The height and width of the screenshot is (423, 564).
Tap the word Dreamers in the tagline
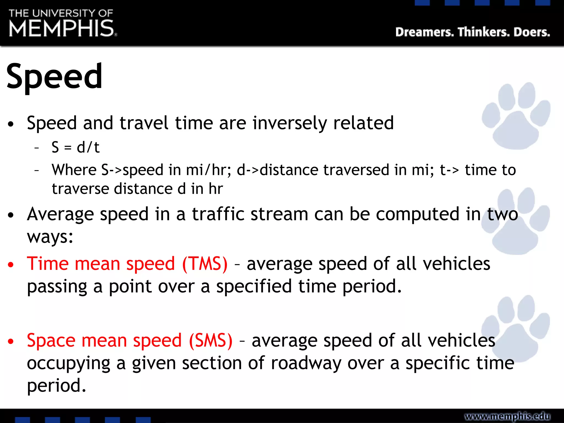424,32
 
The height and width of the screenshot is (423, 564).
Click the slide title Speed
54,76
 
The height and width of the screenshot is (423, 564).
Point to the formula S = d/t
75,147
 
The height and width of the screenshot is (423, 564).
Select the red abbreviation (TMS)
205,264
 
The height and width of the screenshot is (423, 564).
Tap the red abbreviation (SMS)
211,340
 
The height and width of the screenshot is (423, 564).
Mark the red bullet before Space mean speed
11,341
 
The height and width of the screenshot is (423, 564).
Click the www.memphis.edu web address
507,416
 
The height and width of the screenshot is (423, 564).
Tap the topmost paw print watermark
516,116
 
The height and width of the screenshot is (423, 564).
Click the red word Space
51,340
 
